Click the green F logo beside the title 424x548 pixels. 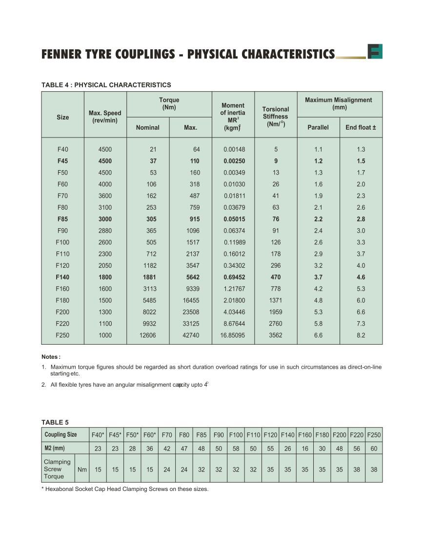point(375,52)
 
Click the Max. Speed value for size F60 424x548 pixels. point(105,184)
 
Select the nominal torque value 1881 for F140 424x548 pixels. point(150,277)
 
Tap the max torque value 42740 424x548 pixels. point(191,335)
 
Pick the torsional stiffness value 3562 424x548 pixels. point(276,335)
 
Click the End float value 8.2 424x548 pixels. point(361,335)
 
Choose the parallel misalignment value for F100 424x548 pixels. point(318,242)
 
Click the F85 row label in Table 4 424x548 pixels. point(62,219)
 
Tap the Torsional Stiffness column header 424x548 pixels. point(276,117)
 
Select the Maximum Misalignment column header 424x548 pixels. point(339,103)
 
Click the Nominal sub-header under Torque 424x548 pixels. point(147,128)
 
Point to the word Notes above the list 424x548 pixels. point(50,357)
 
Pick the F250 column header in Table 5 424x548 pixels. point(374,435)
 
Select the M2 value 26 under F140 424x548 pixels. point(287,449)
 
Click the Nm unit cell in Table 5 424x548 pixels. point(82,470)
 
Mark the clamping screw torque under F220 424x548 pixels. point(357,470)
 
